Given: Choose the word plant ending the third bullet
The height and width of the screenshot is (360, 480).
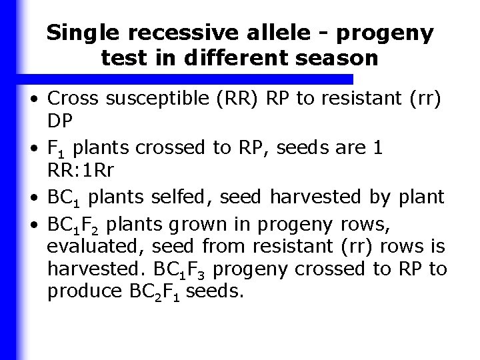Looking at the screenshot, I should point(423,197).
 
